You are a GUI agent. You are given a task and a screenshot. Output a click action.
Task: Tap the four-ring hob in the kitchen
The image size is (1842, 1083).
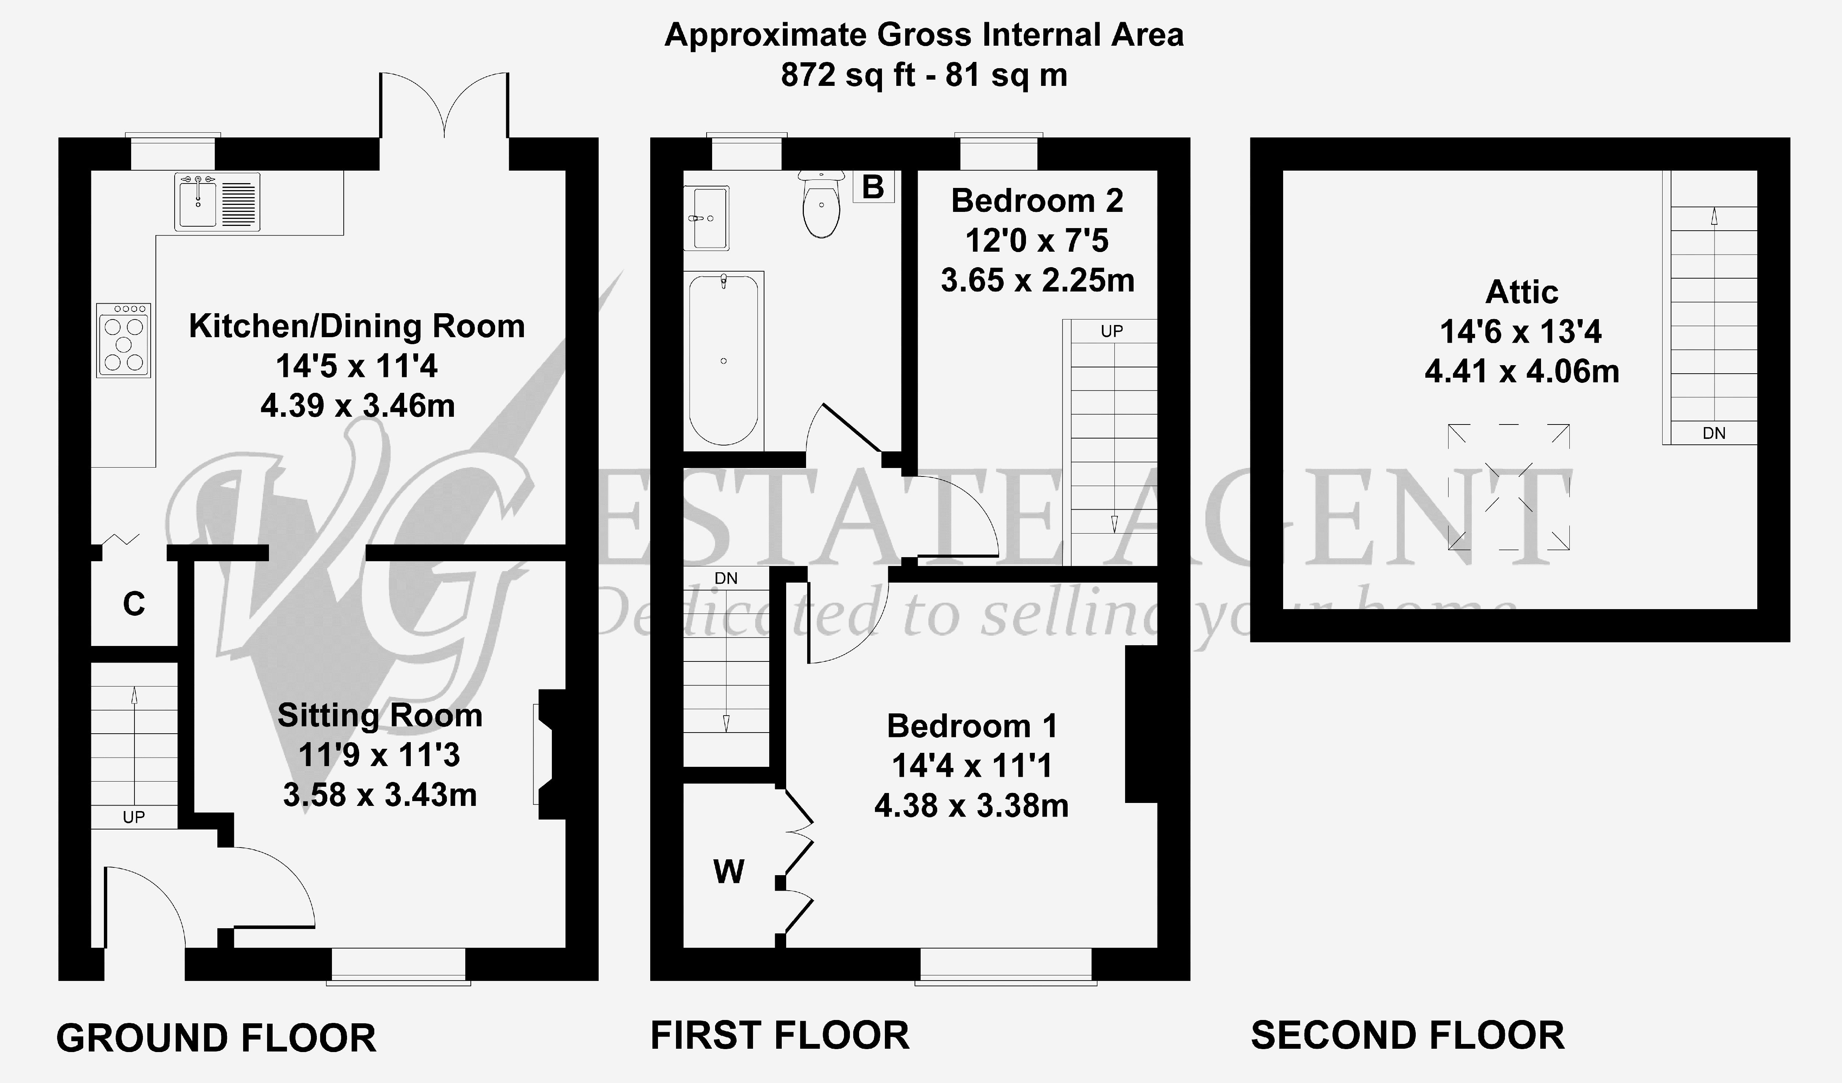(x=123, y=341)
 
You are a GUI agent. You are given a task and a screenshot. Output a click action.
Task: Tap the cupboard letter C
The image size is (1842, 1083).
(x=134, y=604)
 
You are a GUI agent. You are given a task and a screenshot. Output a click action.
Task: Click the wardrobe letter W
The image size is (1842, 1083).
(x=729, y=871)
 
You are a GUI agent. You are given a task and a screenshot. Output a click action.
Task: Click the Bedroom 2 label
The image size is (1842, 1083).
(x=1037, y=200)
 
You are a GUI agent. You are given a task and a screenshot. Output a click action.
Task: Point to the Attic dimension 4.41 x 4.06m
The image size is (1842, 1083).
(x=1522, y=371)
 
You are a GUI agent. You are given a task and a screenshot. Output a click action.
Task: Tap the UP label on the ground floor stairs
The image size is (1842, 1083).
(x=134, y=817)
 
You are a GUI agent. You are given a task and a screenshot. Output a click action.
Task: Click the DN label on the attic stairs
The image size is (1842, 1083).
(x=1714, y=433)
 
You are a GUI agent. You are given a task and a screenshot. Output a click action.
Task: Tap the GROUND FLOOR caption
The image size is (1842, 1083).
(x=216, y=1038)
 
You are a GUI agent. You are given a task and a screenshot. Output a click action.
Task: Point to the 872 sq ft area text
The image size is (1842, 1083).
(x=848, y=74)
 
